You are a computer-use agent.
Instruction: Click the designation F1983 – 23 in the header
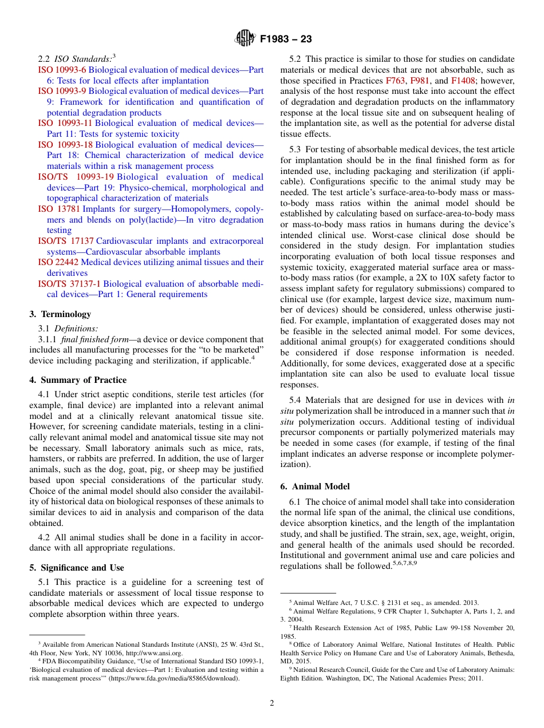(286, 39)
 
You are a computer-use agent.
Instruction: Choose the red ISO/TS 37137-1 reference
(69, 283)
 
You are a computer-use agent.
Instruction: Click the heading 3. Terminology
(60, 314)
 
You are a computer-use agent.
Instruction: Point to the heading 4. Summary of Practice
(78, 380)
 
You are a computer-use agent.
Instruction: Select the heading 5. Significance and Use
(77, 568)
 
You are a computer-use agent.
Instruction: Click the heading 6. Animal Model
(315, 486)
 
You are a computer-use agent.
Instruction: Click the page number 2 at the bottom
(272, 703)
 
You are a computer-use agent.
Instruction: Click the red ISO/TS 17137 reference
(66, 241)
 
